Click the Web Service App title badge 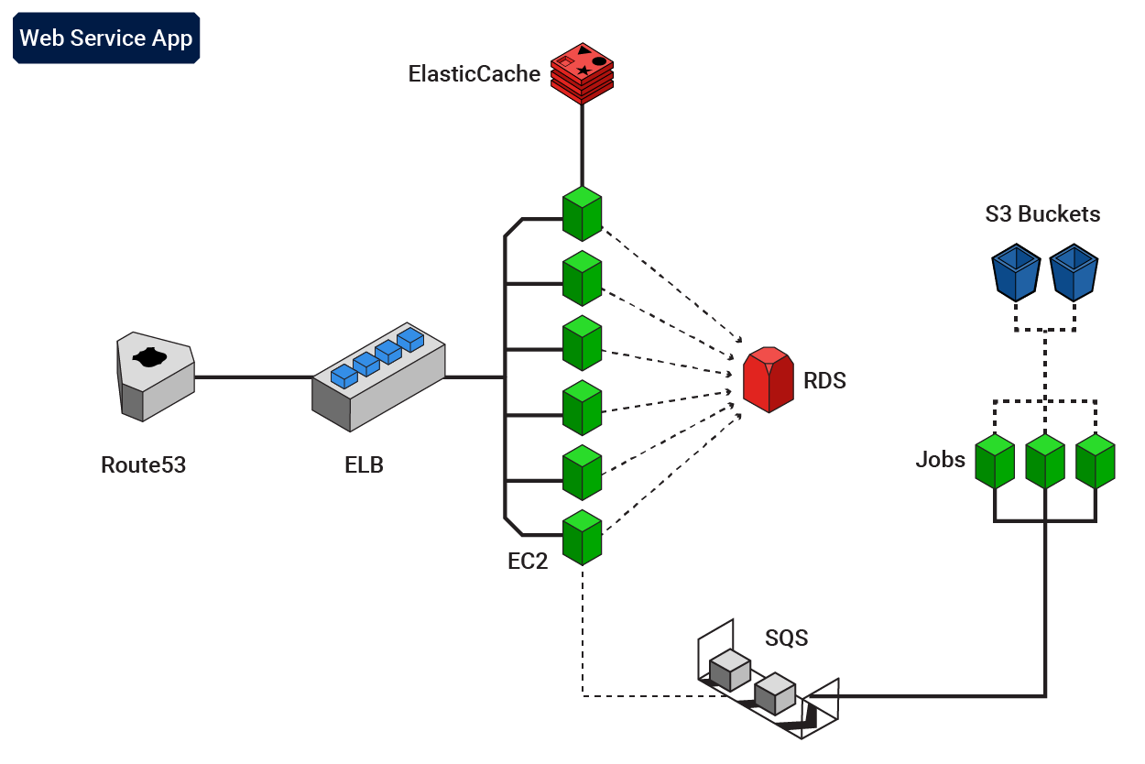pos(106,38)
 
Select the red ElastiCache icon pos(582,73)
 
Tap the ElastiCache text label pos(474,74)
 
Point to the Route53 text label pos(143,465)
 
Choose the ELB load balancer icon pos(378,377)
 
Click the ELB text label pos(364,465)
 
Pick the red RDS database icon pos(768,379)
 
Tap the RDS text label pos(824,381)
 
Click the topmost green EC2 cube pos(582,213)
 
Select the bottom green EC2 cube pos(582,538)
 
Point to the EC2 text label pos(528,562)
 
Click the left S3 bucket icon pos(1016,272)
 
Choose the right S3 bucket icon pos(1074,272)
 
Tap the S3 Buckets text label pos(1042,214)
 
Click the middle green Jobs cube pos(1045,461)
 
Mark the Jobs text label pos(941,460)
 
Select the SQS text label pos(787,638)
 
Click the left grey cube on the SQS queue pos(730,671)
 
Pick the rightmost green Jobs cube pos(1095,461)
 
